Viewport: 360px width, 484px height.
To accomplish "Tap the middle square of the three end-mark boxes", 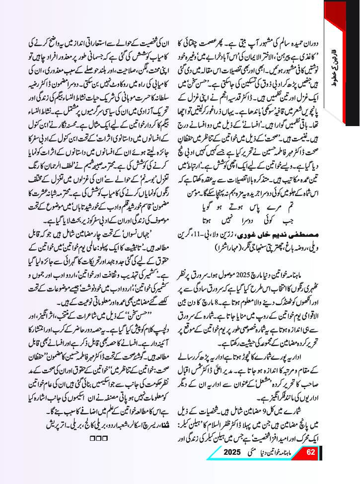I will (x=102, y=437).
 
